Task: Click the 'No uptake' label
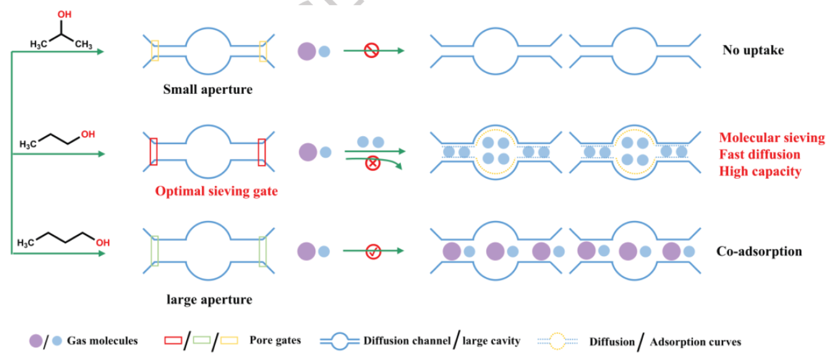tap(753, 50)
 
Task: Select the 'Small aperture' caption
tap(208, 89)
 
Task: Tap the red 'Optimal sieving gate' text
tap(216, 191)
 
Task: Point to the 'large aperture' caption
tap(209, 299)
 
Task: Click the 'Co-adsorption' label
tap(759, 251)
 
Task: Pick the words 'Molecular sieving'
tap(771, 138)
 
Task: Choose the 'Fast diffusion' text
tap(759, 154)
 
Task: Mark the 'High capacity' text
tap(760, 171)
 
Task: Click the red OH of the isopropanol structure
tap(65, 15)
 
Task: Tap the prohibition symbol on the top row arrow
tap(371, 51)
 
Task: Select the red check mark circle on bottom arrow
tap(373, 251)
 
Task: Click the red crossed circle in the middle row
tap(372, 163)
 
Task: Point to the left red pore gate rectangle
tap(153, 152)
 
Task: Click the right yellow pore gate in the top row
tap(263, 51)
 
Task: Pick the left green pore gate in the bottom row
tap(154, 251)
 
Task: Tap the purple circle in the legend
tap(35, 341)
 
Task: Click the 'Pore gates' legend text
tap(275, 340)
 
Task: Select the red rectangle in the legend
tap(173, 341)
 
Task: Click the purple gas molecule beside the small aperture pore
tap(307, 51)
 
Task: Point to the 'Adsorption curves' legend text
tap(695, 342)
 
